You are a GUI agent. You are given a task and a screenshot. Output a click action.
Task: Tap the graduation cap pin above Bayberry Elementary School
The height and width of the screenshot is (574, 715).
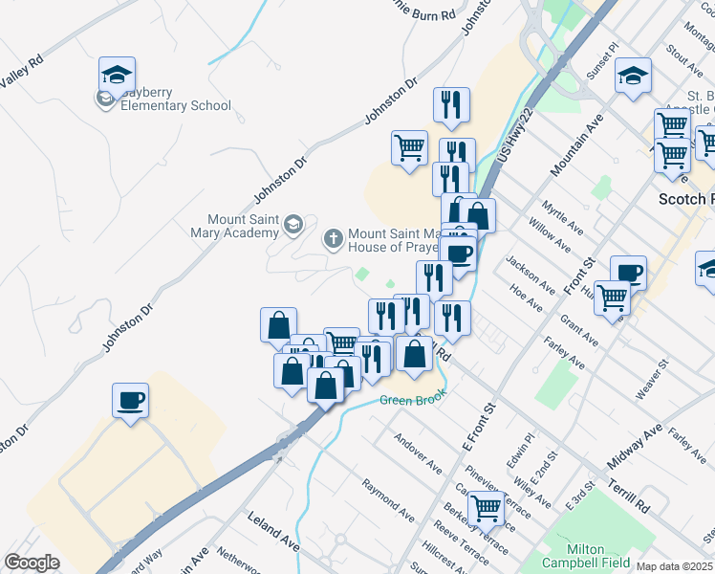tap(117, 75)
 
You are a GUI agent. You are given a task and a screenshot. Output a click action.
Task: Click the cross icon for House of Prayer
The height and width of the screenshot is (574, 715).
tap(334, 237)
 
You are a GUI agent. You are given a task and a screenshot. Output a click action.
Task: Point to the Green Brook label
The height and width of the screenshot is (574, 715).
tap(414, 400)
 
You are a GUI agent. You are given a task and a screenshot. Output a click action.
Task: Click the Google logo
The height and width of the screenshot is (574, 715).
tap(32, 563)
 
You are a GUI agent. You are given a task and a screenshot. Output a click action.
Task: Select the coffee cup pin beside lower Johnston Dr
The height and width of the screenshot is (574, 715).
tap(130, 401)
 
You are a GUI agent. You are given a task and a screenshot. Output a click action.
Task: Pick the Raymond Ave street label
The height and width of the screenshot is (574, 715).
tap(388, 498)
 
